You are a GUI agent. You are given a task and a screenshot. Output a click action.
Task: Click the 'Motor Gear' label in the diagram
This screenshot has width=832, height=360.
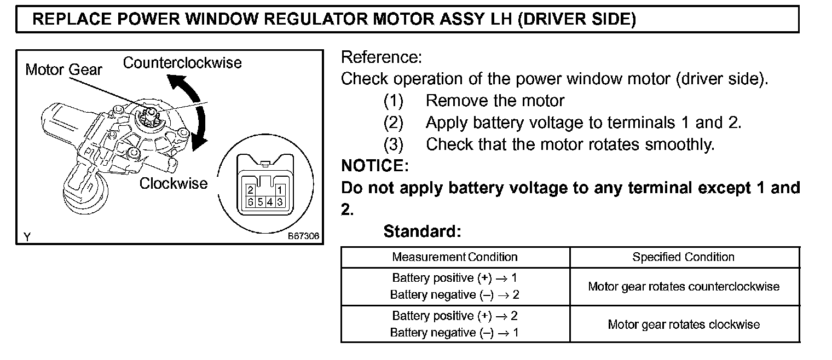pos(63,69)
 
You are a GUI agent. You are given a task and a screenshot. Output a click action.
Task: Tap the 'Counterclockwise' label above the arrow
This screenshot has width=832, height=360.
pos(182,63)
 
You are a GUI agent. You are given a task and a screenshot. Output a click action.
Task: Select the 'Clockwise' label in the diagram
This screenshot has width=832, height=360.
pos(173,183)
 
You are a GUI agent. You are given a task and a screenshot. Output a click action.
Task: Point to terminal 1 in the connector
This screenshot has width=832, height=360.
pos(279,190)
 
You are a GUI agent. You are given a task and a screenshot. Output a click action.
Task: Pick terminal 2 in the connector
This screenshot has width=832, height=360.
pos(250,190)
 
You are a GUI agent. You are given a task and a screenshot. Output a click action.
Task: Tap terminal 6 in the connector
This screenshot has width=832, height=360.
pos(250,201)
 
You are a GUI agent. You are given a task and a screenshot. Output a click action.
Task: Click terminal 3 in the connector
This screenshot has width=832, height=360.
pos(280,201)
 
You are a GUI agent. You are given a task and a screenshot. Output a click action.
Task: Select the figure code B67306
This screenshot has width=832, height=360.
pos(303,237)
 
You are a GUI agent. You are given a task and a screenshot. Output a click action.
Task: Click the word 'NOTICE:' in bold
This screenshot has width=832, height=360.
pos(374,165)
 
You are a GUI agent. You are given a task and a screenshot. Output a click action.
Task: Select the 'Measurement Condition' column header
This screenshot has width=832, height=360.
pos(454,257)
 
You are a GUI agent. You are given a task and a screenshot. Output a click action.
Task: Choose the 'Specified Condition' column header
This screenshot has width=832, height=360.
pos(683,257)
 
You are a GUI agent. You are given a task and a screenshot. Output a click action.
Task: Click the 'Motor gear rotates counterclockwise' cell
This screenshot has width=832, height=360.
pos(684,287)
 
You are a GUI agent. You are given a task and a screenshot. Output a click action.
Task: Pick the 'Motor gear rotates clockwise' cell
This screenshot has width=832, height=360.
pos(684,324)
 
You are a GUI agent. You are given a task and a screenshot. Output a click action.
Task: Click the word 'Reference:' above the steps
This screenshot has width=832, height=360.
pos(382,57)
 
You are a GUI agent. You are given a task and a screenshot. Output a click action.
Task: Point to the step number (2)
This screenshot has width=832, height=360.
pos(393,123)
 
